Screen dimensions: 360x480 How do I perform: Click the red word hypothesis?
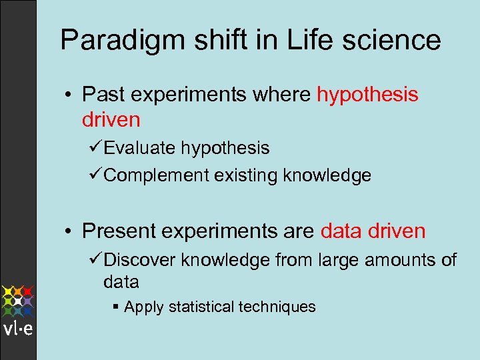[x=367, y=95]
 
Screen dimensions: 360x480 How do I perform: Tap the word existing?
[x=247, y=175]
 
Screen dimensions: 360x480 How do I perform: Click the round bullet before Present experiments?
[x=70, y=231]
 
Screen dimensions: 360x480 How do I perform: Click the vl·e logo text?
[x=17, y=329]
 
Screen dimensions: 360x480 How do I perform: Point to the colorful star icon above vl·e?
[x=17, y=300]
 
